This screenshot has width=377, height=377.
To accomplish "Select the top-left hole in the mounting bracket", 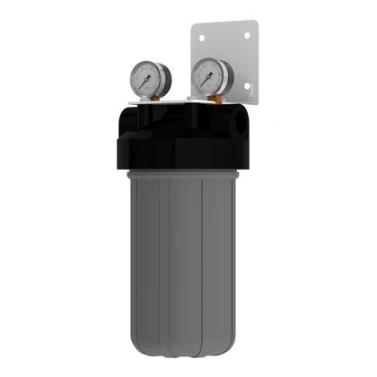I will point(203,37).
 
